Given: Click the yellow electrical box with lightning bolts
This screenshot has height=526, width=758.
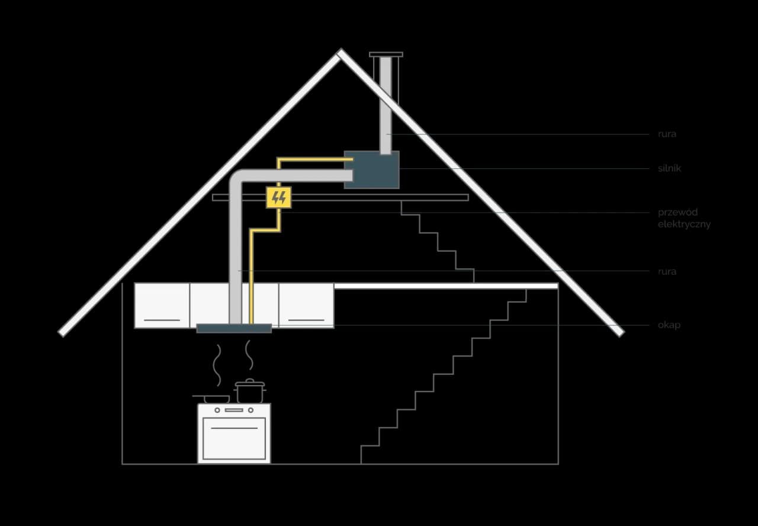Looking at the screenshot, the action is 278,197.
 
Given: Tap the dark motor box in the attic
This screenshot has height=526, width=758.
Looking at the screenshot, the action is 371,169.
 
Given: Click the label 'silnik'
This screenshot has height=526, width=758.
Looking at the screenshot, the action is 669,168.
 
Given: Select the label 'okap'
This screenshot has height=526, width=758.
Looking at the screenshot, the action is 669,325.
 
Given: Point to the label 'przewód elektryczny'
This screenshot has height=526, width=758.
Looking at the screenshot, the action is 684,218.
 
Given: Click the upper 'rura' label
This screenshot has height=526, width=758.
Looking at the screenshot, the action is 667,134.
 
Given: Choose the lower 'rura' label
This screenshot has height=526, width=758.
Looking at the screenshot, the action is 667,271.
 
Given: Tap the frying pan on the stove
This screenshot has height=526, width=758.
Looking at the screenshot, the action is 212,399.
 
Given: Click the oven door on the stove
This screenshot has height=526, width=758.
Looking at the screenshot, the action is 234,438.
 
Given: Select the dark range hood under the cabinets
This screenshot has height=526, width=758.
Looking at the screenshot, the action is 234,328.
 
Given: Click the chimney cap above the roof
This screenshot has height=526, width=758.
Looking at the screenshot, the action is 386,54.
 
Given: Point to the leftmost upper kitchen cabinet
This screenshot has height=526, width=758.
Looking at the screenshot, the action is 162,306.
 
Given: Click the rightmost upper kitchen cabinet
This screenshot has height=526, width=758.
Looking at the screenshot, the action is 306,306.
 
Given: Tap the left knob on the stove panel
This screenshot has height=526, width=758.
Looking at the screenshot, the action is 217,410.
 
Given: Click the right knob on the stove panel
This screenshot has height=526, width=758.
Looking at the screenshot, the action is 250,410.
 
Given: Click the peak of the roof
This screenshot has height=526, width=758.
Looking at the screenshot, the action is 341,51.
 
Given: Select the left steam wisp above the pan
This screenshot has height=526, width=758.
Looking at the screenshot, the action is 217,365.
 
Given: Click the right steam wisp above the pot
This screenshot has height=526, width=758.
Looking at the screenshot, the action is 249,355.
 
